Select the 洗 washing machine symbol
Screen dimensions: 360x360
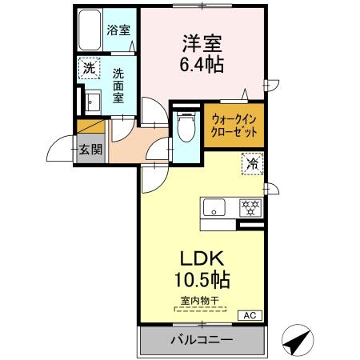[x=90, y=70]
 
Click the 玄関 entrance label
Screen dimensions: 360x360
[x=90, y=148]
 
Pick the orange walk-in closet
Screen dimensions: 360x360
[x=233, y=126]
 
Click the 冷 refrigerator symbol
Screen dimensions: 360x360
[x=252, y=164]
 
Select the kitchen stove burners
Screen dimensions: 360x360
[x=250, y=208]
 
